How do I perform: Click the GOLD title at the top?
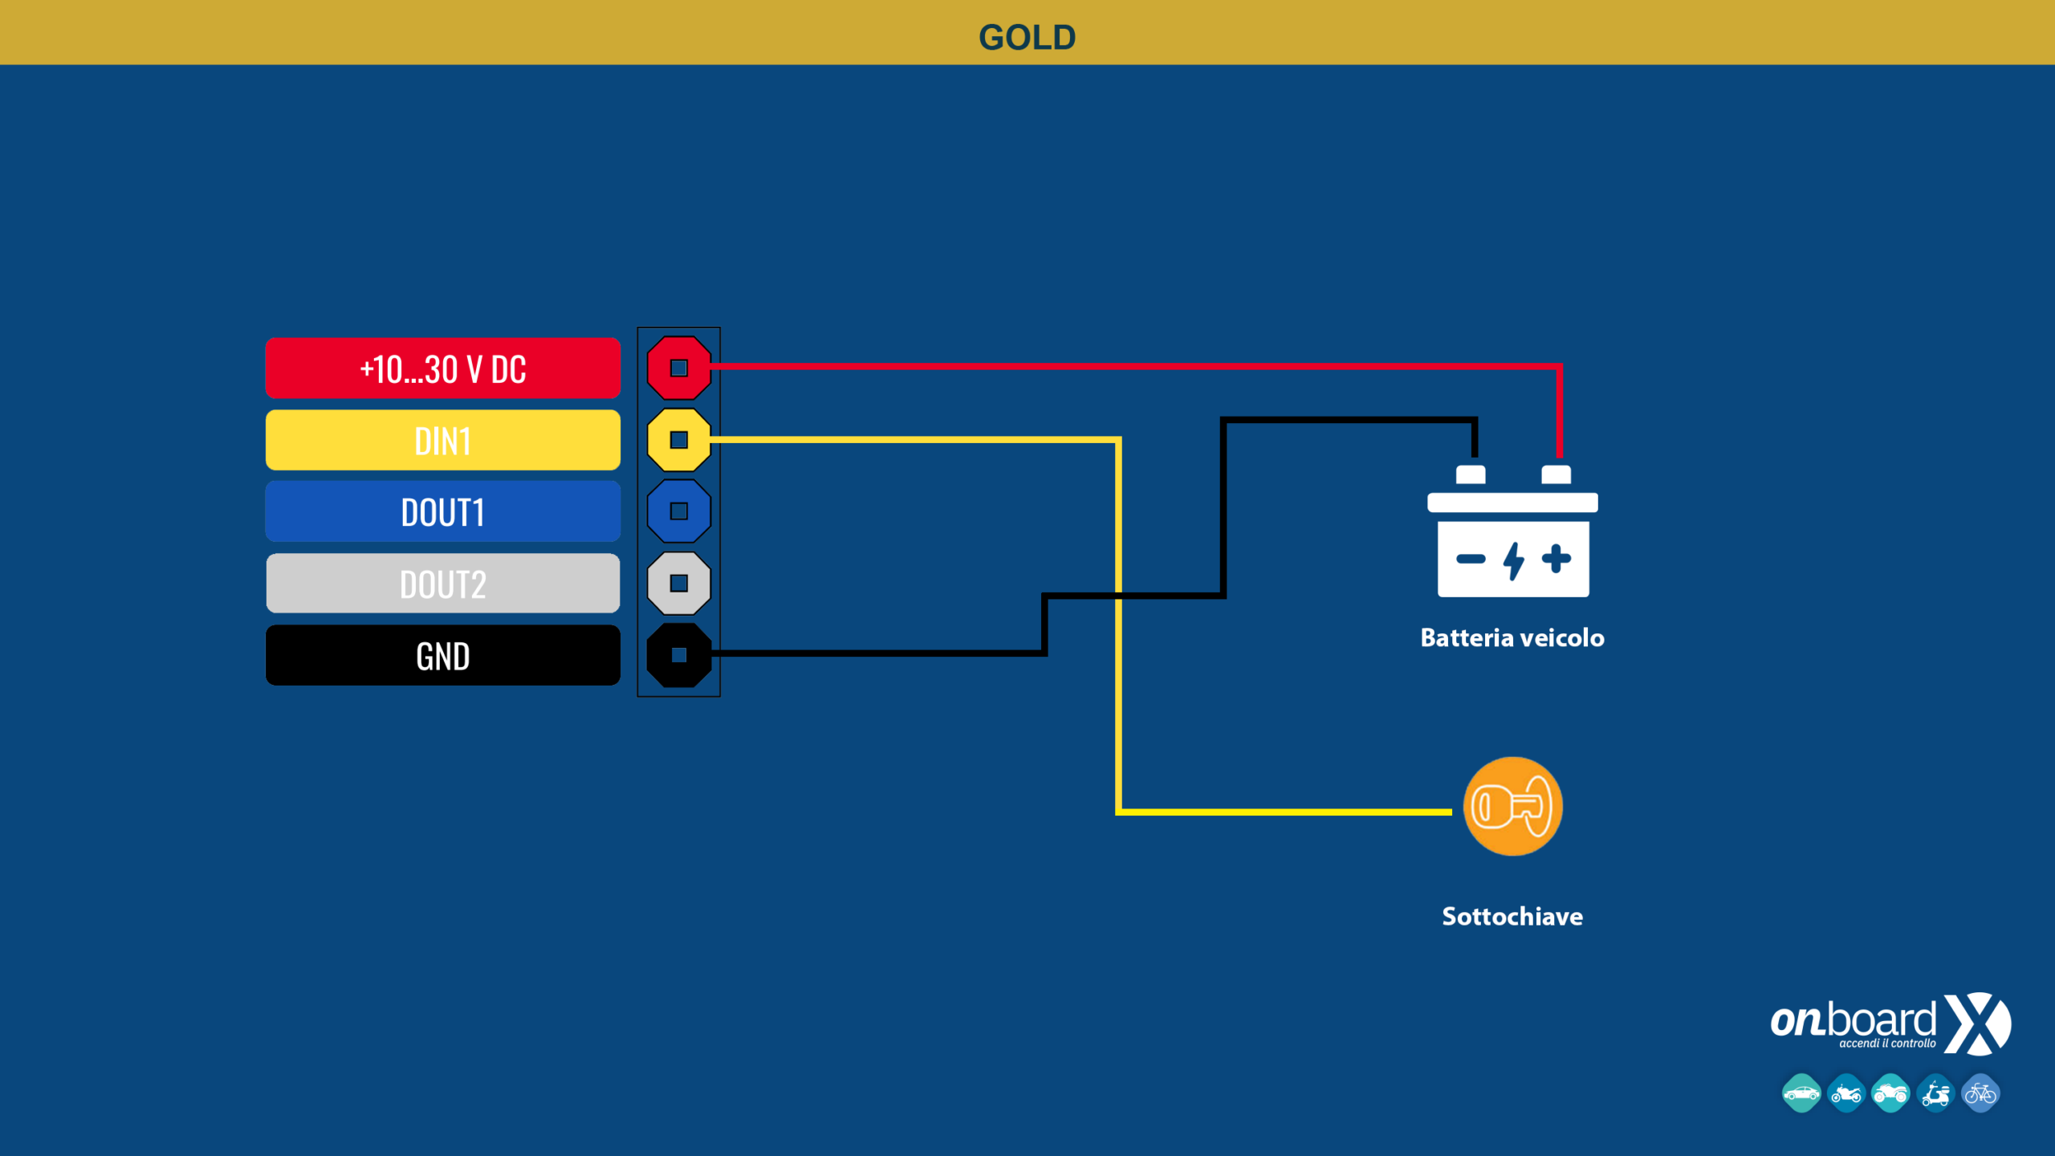[x=1027, y=38]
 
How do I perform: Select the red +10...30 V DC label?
[x=443, y=368]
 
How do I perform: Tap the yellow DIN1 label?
[x=443, y=440]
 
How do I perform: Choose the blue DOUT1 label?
[x=443, y=511]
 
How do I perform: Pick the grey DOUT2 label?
[x=443, y=584]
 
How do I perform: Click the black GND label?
[x=443, y=655]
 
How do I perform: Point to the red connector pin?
[x=679, y=368]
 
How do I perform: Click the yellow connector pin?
[x=679, y=440]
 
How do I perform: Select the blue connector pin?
[x=679, y=511]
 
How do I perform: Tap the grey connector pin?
[x=679, y=583]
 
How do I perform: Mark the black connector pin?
[x=679, y=655]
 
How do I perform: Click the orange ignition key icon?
[x=1512, y=806]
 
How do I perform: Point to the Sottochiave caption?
[x=1512, y=916]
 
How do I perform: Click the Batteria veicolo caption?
[x=1512, y=637]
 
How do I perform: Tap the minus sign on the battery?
[x=1471, y=560]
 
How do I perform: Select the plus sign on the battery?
[x=1557, y=559]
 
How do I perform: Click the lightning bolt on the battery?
[x=1514, y=560]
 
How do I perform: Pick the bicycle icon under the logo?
[x=1980, y=1093]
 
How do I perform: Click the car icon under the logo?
[x=1801, y=1093]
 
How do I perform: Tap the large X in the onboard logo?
[x=1977, y=1024]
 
